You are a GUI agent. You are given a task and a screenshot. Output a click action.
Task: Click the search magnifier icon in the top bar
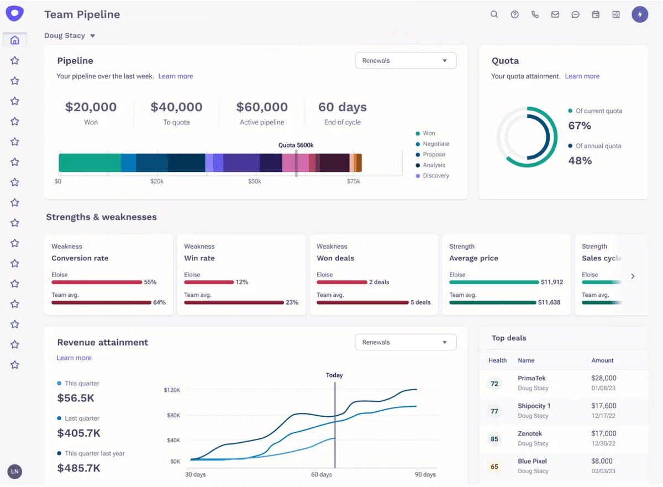tap(494, 14)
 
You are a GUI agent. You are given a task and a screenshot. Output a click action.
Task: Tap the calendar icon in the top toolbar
tap(596, 14)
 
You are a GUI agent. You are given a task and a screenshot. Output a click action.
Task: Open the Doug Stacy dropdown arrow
tap(92, 36)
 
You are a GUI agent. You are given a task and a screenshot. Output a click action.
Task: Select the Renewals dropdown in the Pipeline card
tap(406, 61)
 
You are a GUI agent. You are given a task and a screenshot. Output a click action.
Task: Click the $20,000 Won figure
tap(91, 107)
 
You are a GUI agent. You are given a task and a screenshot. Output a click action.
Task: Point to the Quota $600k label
tap(296, 145)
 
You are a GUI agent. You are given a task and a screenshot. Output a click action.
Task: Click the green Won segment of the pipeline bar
tap(90, 163)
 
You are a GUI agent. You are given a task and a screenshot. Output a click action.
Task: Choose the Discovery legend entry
tap(435, 176)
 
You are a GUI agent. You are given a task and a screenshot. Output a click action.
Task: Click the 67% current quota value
tap(580, 126)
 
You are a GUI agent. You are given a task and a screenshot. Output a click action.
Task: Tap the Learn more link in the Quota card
tap(582, 76)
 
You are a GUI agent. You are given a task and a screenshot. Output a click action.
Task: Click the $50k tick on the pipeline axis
tap(255, 181)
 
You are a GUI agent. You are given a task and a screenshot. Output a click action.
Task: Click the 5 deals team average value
tap(420, 302)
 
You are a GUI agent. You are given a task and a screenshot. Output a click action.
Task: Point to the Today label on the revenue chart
tap(334, 375)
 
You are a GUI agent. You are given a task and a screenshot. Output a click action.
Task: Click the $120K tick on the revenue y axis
tap(172, 390)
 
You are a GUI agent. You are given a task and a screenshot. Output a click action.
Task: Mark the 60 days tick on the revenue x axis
tap(322, 474)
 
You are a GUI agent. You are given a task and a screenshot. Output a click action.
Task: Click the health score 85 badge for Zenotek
tap(494, 439)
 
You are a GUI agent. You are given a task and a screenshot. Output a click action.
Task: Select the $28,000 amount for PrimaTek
tap(603, 379)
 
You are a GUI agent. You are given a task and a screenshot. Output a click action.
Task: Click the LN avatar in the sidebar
tap(15, 472)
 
